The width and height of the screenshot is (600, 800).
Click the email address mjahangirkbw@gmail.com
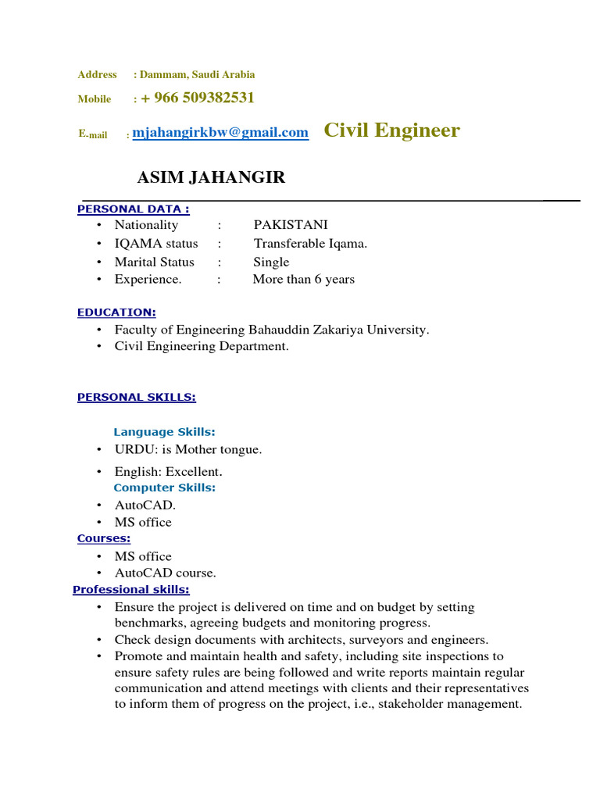[220, 133]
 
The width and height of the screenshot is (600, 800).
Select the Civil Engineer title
[391, 130]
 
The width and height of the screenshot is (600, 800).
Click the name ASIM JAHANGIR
[211, 177]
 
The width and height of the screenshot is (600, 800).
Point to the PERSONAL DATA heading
[133, 209]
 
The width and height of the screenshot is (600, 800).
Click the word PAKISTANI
[291, 225]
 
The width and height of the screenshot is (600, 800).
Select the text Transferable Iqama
[310, 243]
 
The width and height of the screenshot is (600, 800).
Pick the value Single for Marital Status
[271, 262]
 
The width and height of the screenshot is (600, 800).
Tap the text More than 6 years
[303, 279]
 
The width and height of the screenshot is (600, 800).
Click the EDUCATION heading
[116, 312]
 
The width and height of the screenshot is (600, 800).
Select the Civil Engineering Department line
[202, 346]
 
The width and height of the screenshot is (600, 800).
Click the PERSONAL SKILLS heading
[136, 397]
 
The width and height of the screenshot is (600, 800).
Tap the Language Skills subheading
[164, 431]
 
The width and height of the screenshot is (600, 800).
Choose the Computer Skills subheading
[164, 487]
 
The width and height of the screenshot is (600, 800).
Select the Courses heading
[103, 538]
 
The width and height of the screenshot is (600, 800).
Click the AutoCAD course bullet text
[165, 573]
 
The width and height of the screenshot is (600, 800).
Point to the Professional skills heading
[130, 590]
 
